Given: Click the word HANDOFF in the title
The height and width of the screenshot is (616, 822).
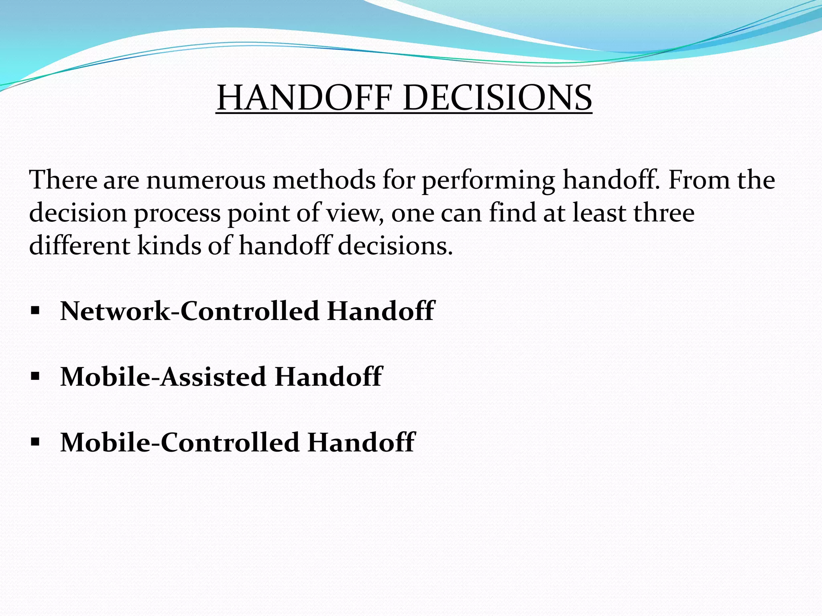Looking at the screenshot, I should point(304,98).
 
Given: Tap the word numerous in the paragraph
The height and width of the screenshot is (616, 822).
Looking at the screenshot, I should point(205,180).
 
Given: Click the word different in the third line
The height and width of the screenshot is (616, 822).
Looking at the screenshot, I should point(79,245).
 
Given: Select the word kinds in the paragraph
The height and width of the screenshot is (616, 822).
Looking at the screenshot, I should point(169,245).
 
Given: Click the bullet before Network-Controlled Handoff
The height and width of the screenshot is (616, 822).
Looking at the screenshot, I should point(35,311).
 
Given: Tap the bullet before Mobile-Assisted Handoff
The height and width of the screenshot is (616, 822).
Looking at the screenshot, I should point(35,377).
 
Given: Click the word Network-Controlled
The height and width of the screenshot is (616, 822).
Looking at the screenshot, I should point(189,311).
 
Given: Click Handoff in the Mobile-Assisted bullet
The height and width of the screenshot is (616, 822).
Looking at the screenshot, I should point(328,377).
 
